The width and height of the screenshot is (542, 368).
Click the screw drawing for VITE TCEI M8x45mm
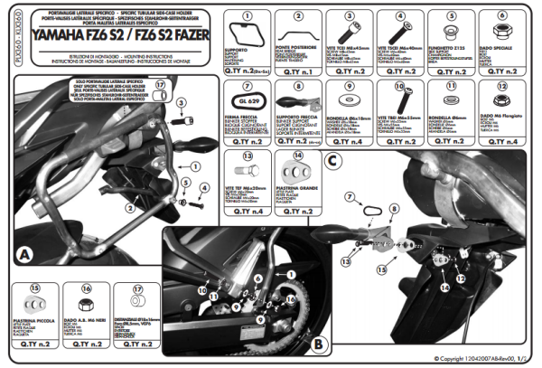pos(347,24)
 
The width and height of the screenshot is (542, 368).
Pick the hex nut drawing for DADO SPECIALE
pos(498,27)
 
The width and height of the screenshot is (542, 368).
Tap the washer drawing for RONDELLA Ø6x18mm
pos(347,97)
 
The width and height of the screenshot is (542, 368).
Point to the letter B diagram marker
pos(318,344)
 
